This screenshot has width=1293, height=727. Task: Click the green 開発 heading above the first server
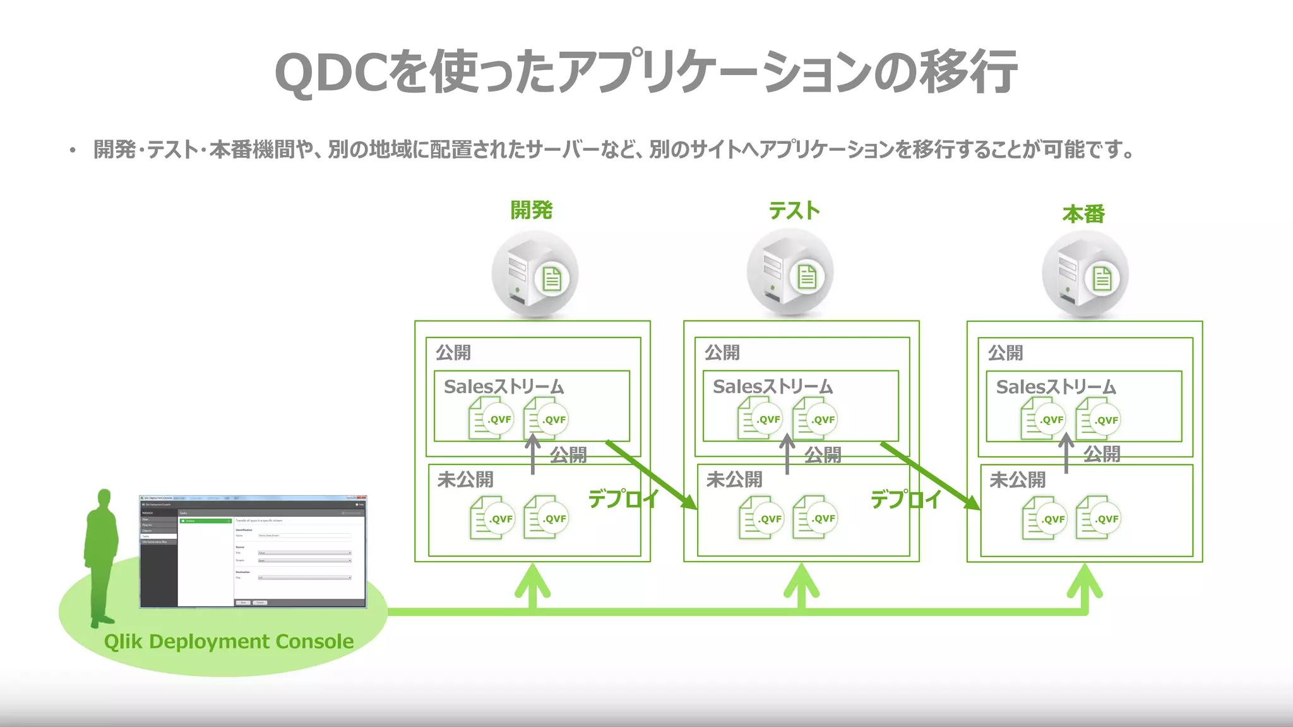coord(531,210)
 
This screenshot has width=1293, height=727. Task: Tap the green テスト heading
coord(794,210)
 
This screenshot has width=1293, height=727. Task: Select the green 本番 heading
coord(1083,215)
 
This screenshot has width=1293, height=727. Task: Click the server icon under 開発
coord(534,275)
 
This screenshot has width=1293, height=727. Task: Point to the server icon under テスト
coord(790,273)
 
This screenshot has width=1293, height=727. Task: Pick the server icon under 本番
coord(1085,275)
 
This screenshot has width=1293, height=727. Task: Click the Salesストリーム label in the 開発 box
coord(504,387)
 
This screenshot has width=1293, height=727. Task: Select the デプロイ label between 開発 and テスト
coord(623,499)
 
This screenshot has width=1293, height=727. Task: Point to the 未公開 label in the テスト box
coord(734,480)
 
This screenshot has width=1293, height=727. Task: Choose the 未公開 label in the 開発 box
coord(465,480)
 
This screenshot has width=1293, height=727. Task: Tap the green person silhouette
coord(101,555)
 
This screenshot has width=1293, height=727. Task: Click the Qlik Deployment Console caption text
coord(229,642)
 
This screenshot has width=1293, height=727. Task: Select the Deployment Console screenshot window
coord(253,552)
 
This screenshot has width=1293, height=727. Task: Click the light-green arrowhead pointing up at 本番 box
coord(1085,581)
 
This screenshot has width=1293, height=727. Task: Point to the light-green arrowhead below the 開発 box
coord(532,581)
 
